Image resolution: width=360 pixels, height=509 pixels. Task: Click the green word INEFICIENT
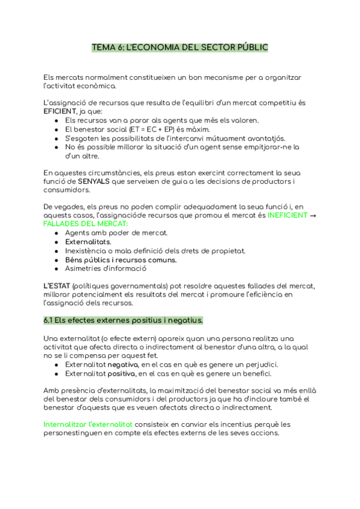click(287, 215)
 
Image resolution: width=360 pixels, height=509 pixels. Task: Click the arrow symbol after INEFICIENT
click(313, 215)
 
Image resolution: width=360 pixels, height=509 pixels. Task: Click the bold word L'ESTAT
click(56, 286)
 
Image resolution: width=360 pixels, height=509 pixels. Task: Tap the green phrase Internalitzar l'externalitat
click(88, 424)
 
